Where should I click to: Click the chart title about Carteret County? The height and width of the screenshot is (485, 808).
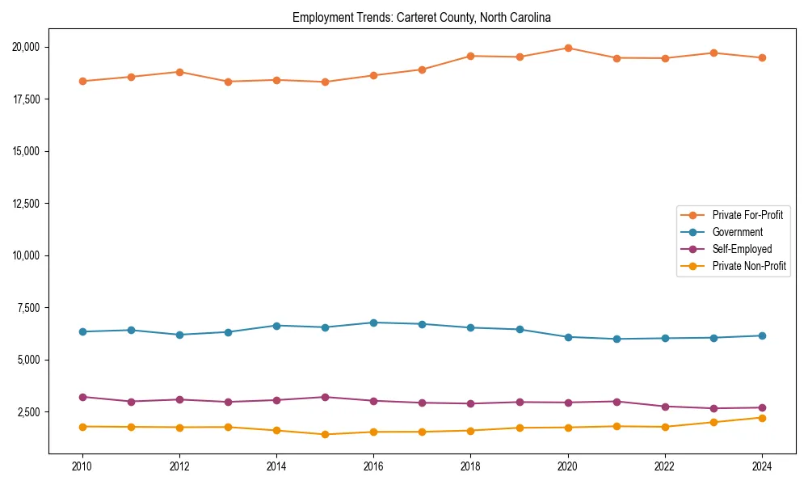421,17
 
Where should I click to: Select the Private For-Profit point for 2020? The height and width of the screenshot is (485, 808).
568,48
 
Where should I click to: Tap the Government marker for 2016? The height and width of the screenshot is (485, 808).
373,323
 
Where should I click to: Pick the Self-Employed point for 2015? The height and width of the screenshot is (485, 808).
325,397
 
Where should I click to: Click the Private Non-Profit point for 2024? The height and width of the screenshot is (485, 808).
762,417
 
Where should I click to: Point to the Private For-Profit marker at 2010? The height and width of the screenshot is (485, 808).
82,81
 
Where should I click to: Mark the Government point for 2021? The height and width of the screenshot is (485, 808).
617,339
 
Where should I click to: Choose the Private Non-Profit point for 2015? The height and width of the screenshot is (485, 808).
325,434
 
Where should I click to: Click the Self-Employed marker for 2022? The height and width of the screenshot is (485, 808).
665,407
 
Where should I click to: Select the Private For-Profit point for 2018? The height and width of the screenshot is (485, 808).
470,56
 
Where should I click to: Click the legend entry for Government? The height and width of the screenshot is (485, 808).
737,232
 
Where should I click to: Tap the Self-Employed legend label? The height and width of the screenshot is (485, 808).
742,249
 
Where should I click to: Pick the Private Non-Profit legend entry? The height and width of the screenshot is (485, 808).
749,266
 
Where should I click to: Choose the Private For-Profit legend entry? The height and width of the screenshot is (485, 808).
747,215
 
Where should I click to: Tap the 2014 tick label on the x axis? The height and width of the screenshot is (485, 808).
276,466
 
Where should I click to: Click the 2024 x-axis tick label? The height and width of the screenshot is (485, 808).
762,466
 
